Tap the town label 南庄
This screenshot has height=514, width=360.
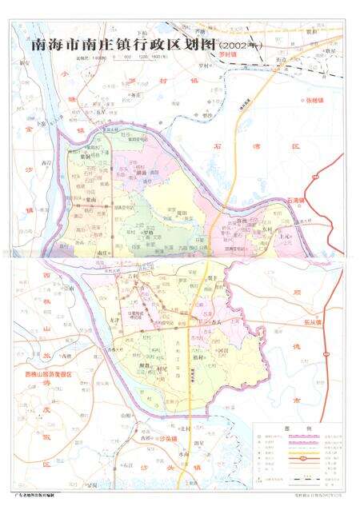point(100,253)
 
